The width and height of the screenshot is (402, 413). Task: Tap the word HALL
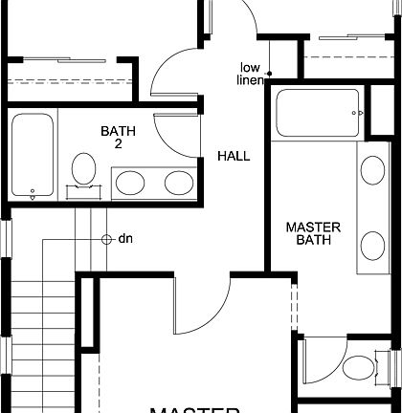[234, 156]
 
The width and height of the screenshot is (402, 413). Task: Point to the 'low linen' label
[252, 73]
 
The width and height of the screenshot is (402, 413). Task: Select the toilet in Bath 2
[83, 170]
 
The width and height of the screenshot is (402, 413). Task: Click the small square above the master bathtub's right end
[364, 113]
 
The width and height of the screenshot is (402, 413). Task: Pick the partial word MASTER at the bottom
[187, 408]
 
